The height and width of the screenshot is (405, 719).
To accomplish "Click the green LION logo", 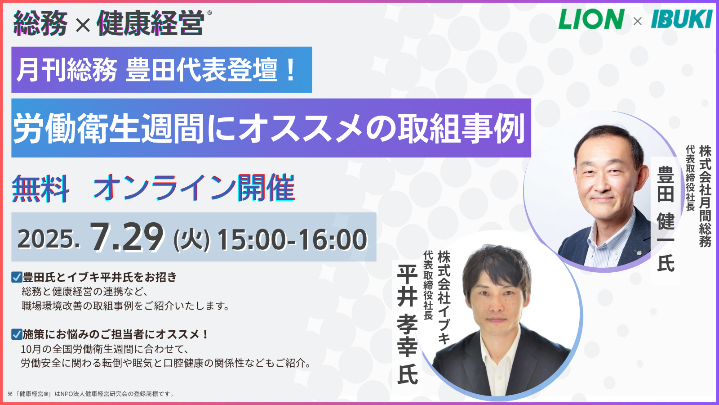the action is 591,19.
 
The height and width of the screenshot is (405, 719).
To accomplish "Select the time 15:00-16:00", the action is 292,239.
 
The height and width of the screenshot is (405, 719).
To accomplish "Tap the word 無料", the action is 40,188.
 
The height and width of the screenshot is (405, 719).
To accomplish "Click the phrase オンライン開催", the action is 194,188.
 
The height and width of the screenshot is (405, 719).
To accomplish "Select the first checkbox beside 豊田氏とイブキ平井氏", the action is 17,277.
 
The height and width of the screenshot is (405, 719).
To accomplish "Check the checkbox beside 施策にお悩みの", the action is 17,334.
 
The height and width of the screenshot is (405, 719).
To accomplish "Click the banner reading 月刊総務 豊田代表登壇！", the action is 162,70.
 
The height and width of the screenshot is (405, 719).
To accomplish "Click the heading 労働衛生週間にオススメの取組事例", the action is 271,128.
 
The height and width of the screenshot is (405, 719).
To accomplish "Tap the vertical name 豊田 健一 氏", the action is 666,219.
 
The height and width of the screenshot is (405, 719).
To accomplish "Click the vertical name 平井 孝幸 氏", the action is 407,324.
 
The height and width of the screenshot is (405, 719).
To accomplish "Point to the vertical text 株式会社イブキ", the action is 444,297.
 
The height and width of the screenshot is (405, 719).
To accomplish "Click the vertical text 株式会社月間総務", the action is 705,196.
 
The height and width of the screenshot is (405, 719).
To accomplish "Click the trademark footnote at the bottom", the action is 90,394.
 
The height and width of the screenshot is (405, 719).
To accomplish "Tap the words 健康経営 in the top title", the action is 151,23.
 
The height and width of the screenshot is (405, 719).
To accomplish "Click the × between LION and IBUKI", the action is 638,21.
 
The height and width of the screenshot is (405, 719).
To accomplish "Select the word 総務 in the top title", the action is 40,23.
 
